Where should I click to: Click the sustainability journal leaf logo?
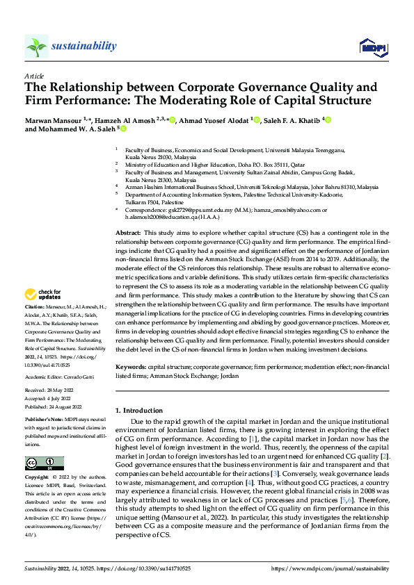tap(36, 47)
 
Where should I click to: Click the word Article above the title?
tap(34, 76)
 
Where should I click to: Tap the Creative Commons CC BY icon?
tap(44, 463)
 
